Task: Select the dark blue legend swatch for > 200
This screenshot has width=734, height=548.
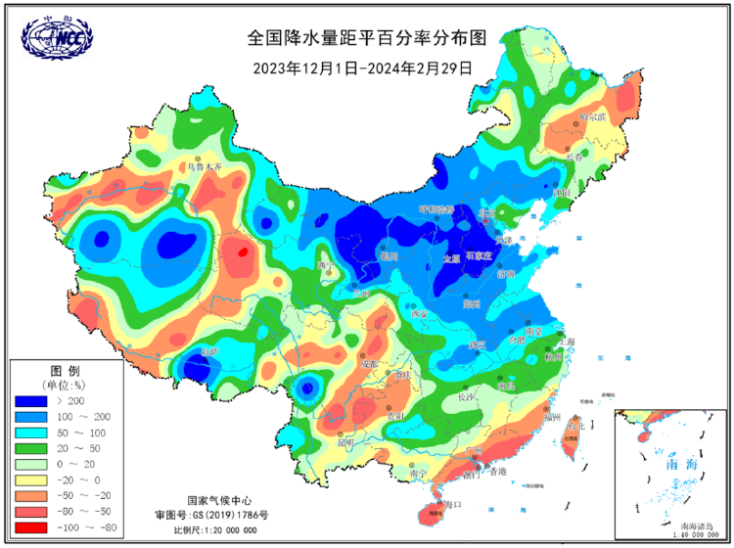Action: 30,401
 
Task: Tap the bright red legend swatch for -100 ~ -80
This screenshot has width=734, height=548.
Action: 30,525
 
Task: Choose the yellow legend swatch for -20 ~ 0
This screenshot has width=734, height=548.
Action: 30,479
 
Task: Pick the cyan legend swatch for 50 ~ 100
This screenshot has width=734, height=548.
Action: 30,433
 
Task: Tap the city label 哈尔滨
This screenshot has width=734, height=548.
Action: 593,116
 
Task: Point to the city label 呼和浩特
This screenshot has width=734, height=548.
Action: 436,209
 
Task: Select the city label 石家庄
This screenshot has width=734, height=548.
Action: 479,255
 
